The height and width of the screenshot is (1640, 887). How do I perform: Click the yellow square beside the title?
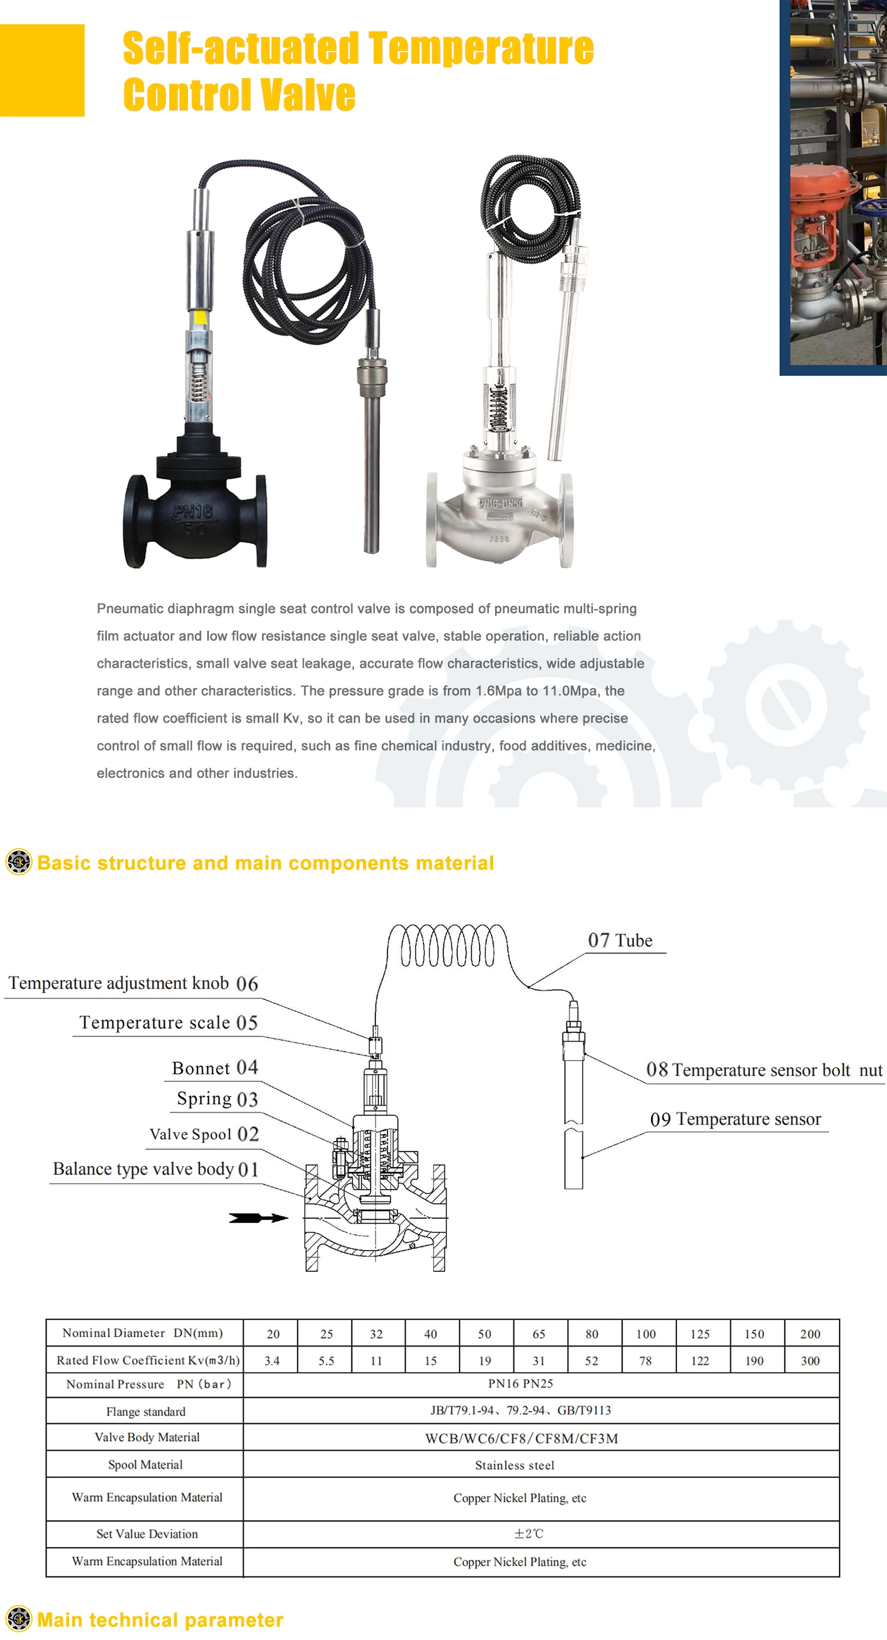point(42,70)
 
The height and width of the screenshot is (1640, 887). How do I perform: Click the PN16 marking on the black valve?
point(193,512)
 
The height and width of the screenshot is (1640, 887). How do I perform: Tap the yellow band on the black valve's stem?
point(199,318)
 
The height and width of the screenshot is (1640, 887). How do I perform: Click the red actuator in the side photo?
point(821,191)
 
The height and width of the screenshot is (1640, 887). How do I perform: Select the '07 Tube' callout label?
point(620,941)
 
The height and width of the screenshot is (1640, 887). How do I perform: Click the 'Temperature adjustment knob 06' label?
point(133,984)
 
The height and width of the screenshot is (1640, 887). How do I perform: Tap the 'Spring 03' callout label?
point(217,1099)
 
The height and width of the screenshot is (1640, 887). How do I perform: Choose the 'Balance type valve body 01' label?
point(156,1169)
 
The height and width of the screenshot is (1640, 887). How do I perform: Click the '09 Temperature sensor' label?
point(736,1119)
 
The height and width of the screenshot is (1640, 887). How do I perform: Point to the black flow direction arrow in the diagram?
point(258,1218)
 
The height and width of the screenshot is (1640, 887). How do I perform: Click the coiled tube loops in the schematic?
point(447,946)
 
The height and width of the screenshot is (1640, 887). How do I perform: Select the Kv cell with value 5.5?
point(326,1361)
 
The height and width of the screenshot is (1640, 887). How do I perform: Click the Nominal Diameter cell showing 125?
point(700,1334)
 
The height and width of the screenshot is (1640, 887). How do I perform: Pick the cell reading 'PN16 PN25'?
point(520,1383)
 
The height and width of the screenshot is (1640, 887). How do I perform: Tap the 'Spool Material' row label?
point(145,1464)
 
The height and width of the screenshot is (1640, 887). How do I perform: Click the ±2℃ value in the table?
point(529,1533)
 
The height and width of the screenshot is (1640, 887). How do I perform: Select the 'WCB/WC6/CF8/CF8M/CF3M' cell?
point(521,1438)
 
